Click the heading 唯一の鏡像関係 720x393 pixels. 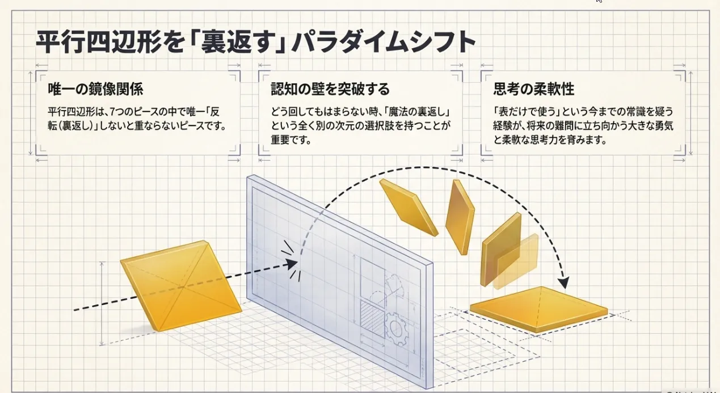coord(95,89)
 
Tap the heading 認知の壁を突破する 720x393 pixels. coord(330,89)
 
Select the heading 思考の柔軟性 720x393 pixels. coord(534,89)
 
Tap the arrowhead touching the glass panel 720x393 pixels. coord(292,263)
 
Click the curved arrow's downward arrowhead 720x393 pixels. coord(563,281)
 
